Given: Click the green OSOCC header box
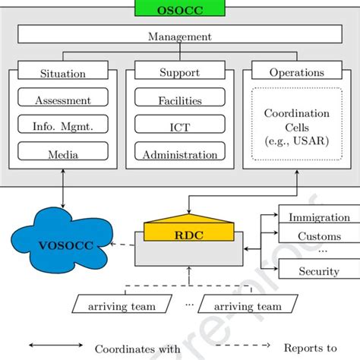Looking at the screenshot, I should click(x=180, y=8).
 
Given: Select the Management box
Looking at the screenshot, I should click(x=180, y=36).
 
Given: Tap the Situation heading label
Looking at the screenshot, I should click(x=62, y=74).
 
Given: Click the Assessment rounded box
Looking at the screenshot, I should click(x=63, y=99).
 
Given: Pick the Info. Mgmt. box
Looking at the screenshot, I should click(x=63, y=127).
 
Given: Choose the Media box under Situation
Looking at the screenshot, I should click(x=63, y=153).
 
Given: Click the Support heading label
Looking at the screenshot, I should click(x=179, y=74).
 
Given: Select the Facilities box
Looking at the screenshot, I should click(x=180, y=99).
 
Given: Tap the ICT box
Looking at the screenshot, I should click(x=180, y=127).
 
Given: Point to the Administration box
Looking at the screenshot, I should click(x=180, y=153).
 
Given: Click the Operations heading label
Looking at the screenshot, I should click(x=297, y=74).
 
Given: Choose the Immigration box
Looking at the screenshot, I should click(x=319, y=216).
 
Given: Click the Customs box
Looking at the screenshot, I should click(x=319, y=236).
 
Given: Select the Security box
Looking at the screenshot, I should click(x=319, y=270).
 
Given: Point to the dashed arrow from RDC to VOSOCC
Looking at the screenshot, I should click(x=121, y=245).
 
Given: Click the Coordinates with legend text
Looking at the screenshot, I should click(x=137, y=349).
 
